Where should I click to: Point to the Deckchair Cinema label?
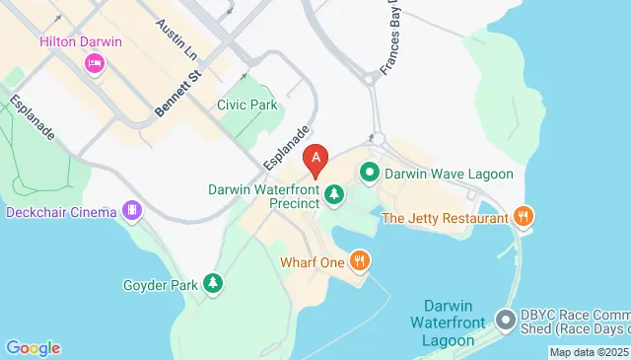tap(61, 211)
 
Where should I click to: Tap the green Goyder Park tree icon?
tap(213, 285)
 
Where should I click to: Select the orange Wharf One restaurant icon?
tap(361, 262)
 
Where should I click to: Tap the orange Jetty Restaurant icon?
tap(524, 216)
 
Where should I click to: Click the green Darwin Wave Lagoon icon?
tap(370, 174)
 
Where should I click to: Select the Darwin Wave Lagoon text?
tap(449, 175)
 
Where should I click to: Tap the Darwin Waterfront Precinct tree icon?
tap(334, 195)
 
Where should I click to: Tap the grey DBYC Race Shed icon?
tap(506, 321)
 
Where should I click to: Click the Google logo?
tap(33, 347)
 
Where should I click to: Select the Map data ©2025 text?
tap(589, 352)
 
